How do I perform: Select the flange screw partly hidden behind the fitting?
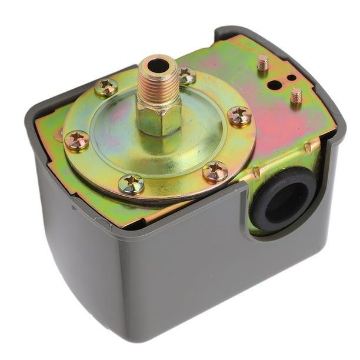187,75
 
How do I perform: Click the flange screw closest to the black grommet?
215,172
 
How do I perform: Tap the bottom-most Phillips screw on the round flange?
131,184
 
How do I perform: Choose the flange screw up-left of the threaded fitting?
106,87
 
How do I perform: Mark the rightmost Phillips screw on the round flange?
239,115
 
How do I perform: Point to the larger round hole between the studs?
274,85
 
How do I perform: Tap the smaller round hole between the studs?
289,78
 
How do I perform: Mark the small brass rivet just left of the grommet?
255,173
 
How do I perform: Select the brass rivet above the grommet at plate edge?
308,148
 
